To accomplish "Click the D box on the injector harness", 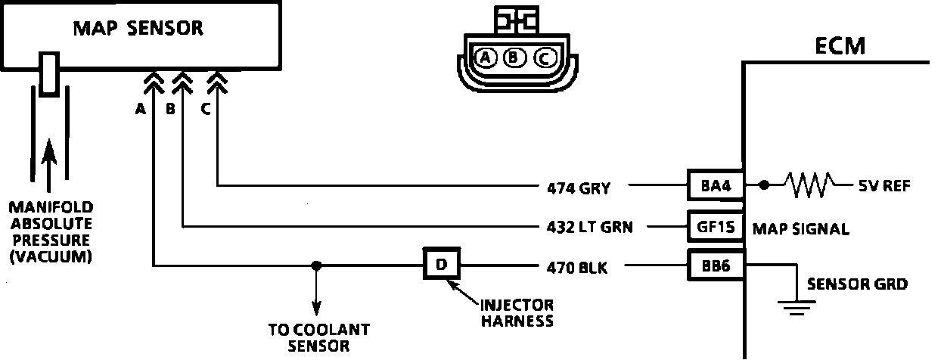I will [442, 265].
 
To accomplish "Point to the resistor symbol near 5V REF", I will [810, 184].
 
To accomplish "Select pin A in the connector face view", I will [486, 57].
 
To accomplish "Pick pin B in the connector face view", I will [514, 57].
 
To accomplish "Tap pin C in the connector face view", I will [543, 57].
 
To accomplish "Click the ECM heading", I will [840, 47].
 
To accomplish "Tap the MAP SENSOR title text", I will [138, 29].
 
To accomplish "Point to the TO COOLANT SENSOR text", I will [318, 337].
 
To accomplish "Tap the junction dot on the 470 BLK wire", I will [317, 265].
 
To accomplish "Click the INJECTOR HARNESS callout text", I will [517, 312].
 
